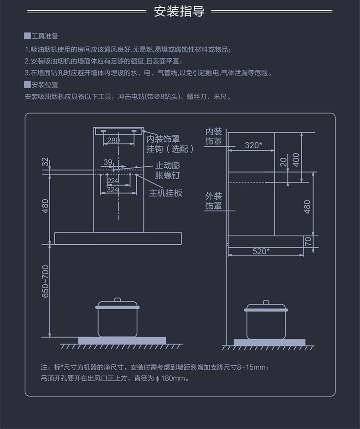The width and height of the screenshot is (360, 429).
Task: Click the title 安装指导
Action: [179, 11]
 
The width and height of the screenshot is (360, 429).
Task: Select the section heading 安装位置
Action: [45, 85]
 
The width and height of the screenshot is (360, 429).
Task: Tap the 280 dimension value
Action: [113, 140]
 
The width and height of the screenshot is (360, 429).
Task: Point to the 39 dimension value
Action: [108, 162]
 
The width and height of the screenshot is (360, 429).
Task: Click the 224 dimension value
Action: [113, 181]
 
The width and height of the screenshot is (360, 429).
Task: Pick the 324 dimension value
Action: [113, 190]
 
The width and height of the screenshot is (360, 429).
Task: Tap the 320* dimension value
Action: [253, 145]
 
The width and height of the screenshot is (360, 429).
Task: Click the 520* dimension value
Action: [261, 251]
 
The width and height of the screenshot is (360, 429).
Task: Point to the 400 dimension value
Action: [296, 160]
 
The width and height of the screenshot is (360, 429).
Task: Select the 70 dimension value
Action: [308, 241]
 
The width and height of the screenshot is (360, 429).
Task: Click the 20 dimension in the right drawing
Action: [283, 162]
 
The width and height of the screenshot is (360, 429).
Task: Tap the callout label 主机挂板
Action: [165, 193]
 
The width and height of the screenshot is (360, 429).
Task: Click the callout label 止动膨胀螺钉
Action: [168, 171]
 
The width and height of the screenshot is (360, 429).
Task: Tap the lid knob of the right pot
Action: [266, 302]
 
